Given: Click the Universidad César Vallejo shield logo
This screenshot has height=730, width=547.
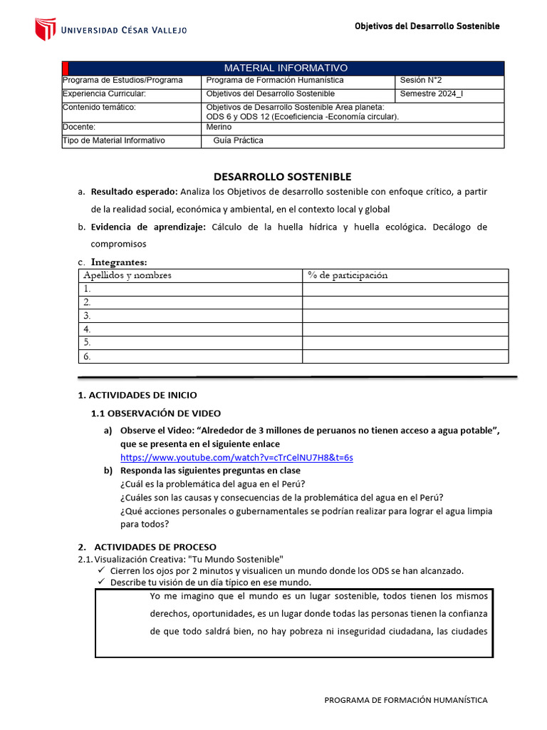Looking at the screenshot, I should click(x=45, y=29).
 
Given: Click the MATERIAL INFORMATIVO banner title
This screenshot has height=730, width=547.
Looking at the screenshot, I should click(x=286, y=68).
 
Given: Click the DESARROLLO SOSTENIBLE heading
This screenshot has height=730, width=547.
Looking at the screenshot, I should click(x=283, y=177).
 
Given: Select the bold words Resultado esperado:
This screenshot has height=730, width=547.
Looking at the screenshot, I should click(x=135, y=192).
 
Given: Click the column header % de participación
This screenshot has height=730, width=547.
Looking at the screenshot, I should click(x=348, y=275).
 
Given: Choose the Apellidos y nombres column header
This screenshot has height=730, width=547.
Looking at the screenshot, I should click(x=127, y=275).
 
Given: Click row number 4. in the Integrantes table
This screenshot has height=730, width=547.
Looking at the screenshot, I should click(x=87, y=329).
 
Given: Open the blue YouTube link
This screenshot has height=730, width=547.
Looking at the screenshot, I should click(x=236, y=457).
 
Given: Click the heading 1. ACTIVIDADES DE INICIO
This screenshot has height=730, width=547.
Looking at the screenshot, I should click(x=137, y=395).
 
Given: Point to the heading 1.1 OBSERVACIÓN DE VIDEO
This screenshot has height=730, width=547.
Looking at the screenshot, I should click(x=156, y=413).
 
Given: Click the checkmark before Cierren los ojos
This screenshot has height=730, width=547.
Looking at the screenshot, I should click(x=101, y=570).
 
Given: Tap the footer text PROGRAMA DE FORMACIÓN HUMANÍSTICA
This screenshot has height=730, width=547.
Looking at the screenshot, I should click(x=406, y=700).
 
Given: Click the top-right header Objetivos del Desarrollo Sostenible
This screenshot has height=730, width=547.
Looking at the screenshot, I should click(x=427, y=26).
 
